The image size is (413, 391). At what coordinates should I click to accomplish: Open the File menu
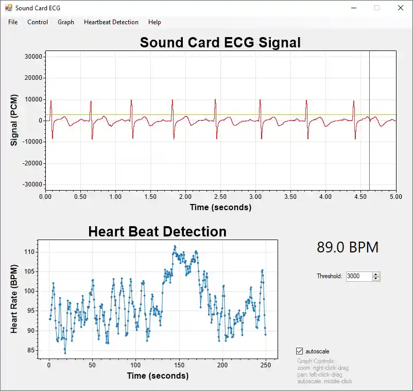click(13, 22)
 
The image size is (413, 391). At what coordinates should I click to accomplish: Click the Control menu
click(38, 22)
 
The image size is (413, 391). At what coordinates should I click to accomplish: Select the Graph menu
click(66, 22)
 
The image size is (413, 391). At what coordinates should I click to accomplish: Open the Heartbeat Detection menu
click(111, 22)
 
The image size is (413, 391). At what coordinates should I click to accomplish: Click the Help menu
click(154, 22)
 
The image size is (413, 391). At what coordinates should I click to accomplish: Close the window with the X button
click(400, 8)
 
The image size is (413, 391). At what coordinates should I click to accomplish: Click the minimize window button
click(354, 8)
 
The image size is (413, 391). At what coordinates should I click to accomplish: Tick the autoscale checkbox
click(300, 351)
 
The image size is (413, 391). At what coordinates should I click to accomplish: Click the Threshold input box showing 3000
click(358, 276)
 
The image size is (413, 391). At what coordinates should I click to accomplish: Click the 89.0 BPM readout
click(348, 247)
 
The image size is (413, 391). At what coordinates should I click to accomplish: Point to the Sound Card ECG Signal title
click(220, 42)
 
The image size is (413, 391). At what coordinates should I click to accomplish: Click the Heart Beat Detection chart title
click(157, 231)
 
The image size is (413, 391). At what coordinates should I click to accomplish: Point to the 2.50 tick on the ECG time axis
click(220, 196)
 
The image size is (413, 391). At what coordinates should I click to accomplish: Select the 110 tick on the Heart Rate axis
click(29, 252)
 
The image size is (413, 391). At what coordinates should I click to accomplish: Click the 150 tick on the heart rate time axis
click(179, 365)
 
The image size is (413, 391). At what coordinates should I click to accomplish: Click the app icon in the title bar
click(8, 8)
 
